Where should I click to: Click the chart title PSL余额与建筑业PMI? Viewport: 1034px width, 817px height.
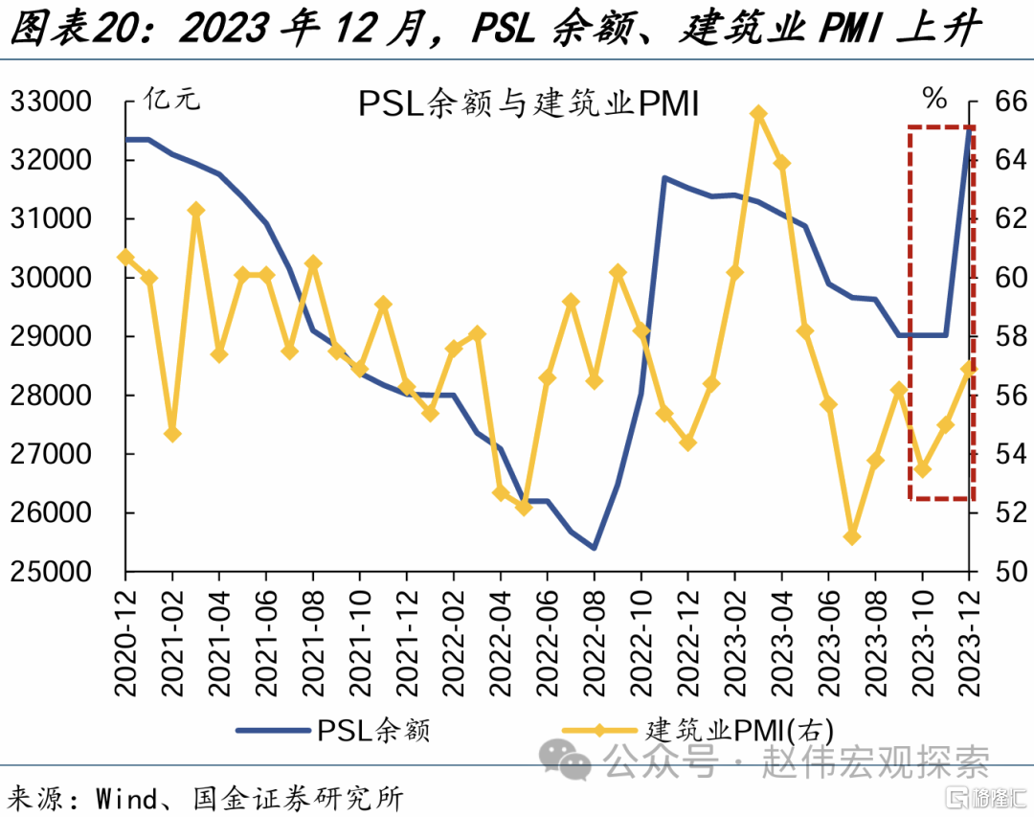528,103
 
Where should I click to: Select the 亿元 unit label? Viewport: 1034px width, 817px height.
172,98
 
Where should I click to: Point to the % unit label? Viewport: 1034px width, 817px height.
933,98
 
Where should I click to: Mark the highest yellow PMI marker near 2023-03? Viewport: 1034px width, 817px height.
758,113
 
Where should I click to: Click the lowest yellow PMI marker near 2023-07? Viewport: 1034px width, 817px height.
852,536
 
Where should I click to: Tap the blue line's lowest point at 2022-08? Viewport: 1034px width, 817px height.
595,548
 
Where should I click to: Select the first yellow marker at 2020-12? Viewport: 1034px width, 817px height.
125,257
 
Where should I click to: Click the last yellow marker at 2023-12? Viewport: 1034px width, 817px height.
970,366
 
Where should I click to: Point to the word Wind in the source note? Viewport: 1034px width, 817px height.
125,797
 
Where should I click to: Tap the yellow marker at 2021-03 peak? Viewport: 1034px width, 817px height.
196,210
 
